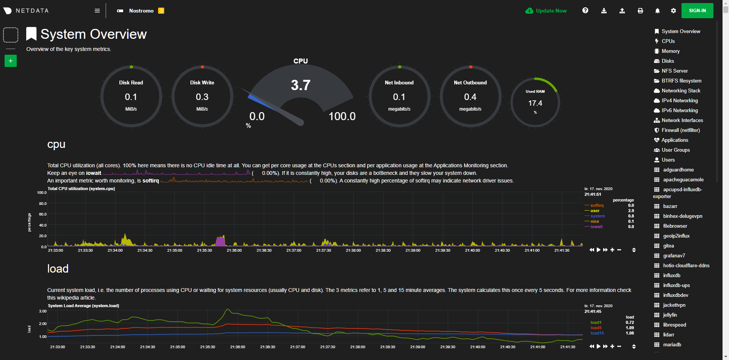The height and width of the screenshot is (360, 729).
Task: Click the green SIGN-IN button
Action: pos(697,11)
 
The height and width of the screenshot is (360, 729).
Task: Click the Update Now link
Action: pos(551,11)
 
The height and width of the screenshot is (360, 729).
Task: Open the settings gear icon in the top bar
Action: pos(673,11)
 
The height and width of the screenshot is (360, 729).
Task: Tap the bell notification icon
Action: pos(657,11)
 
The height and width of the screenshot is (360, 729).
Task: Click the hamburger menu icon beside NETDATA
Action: pos(97,11)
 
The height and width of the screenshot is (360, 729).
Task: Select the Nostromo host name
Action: pos(141,11)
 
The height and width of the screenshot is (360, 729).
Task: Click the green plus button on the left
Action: pos(11,61)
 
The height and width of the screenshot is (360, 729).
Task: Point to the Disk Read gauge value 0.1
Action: pos(131,97)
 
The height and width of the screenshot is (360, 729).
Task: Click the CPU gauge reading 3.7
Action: pos(301,85)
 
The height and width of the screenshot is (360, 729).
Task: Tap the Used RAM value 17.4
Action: pos(535,103)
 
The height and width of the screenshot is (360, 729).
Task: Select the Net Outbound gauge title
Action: pos(470,82)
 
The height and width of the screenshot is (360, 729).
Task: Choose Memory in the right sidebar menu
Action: pos(670,51)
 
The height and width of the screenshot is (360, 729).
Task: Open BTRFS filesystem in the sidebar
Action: pos(681,81)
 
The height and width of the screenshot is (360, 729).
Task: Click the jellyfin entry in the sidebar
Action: pos(670,315)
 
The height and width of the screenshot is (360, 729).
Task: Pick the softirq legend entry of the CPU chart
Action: pos(597,205)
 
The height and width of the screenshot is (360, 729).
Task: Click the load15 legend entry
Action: pos(597,333)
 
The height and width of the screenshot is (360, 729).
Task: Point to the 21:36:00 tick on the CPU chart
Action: pos(234,250)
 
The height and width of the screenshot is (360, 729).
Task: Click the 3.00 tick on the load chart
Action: pos(43,311)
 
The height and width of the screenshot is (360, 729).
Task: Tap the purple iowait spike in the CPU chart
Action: pos(220,241)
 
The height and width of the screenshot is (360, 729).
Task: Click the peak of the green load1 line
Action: pos(228,309)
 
